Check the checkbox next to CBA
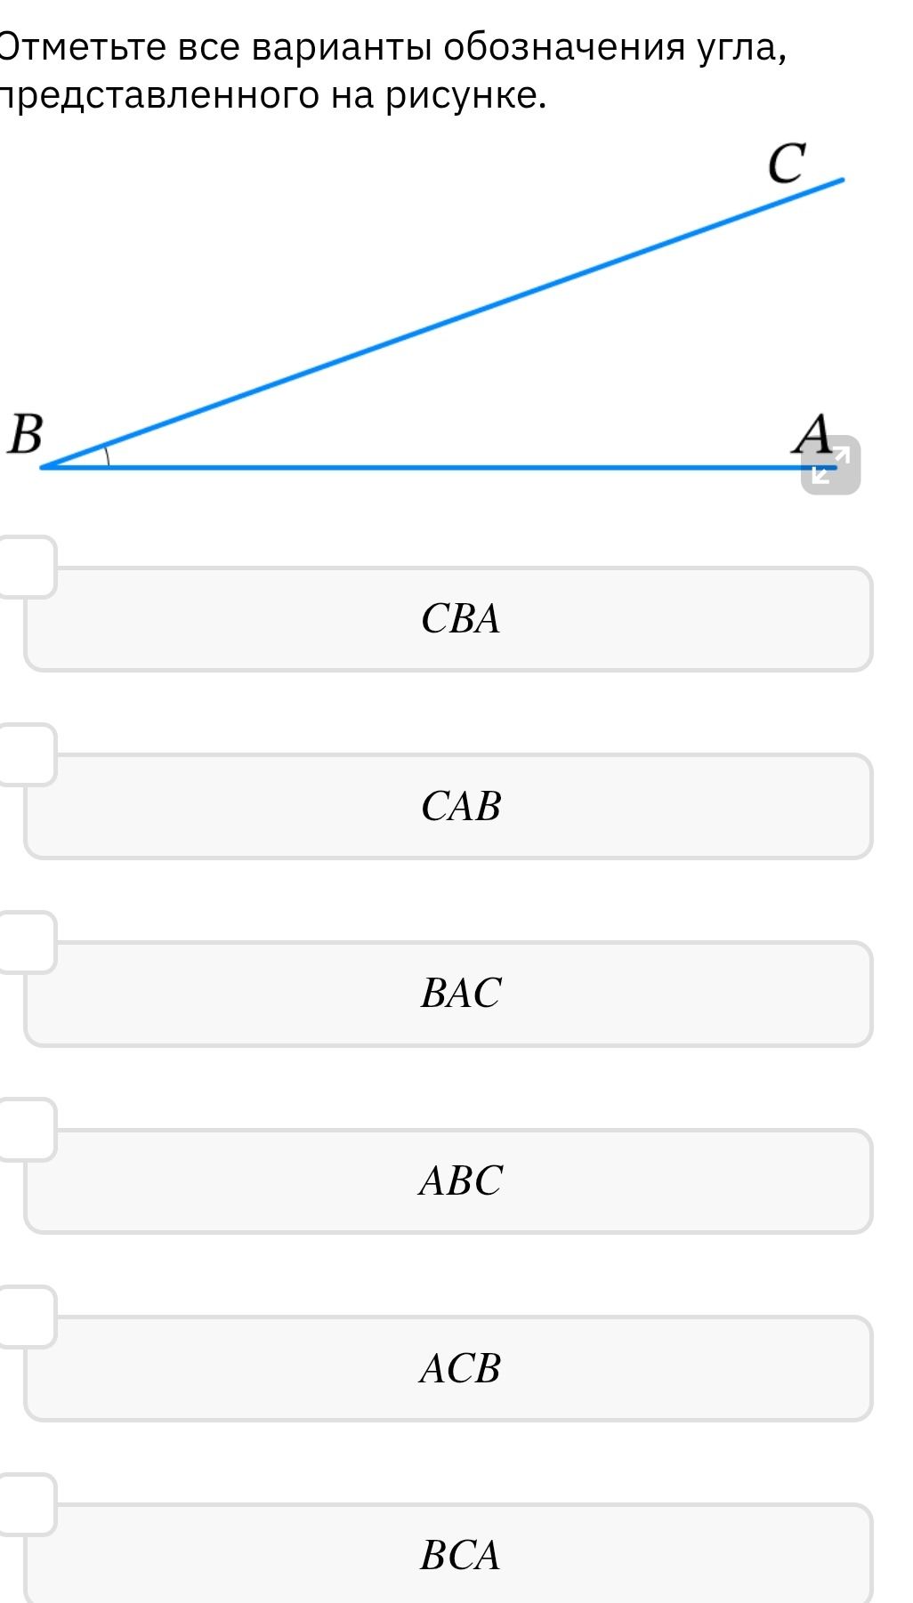(27, 567)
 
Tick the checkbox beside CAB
(27, 754)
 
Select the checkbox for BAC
(27, 942)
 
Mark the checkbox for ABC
(27, 1130)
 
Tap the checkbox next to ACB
(27, 1317)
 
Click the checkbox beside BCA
(27, 1504)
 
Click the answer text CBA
(461, 619)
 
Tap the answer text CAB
(461, 806)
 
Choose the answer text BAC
(461, 994)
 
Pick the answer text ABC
(461, 1181)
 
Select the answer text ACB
(461, 1368)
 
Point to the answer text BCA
(461, 1556)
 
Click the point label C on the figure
(787, 163)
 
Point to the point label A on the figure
(813, 434)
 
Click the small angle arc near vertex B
(107, 455)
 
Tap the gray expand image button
(831, 464)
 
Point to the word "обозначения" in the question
(565, 47)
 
